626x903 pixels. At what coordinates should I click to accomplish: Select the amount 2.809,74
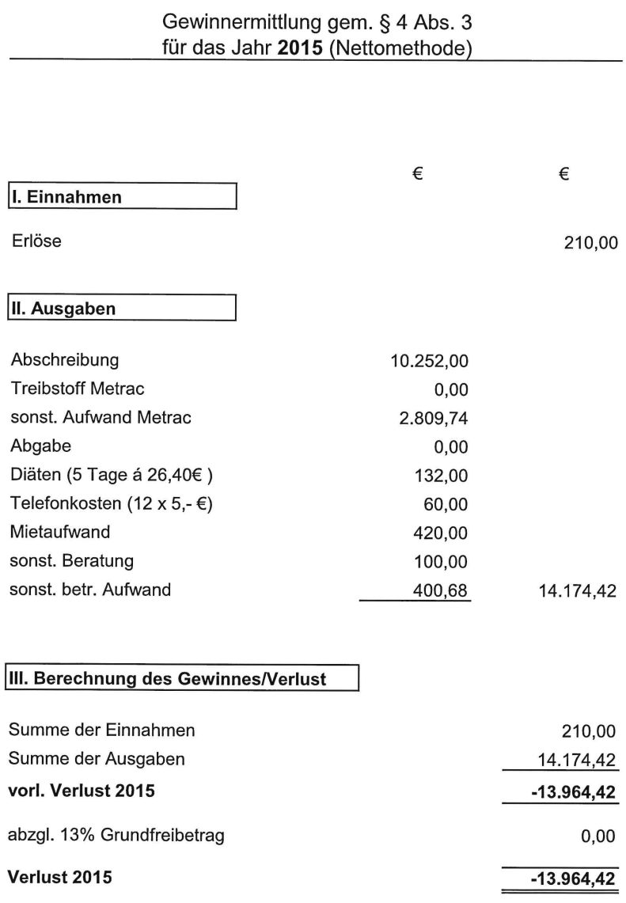click(434, 417)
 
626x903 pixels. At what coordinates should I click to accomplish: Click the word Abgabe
click(40, 446)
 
